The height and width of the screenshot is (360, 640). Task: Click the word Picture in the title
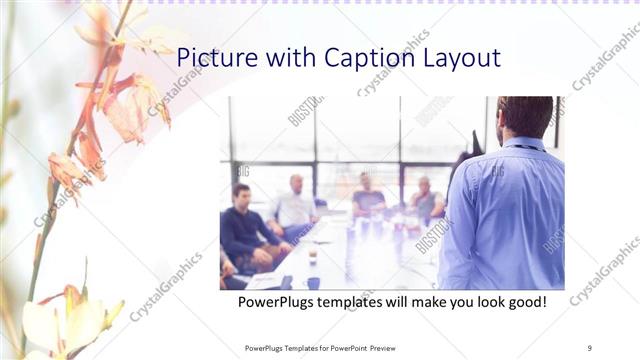pyautogui.click(x=213, y=58)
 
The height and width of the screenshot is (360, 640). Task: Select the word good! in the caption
pyautogui.click(x=524, y=301)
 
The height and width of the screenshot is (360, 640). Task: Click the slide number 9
pyautogui.click(x=590, y=348)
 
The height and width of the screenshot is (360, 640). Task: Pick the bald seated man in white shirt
pyautogui.click(x=295, y=205)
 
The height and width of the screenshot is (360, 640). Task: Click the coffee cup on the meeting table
pyautogui.click(x=312, y=254)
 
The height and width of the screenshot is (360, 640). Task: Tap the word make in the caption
pyautogui.click(x=431, y=301)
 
